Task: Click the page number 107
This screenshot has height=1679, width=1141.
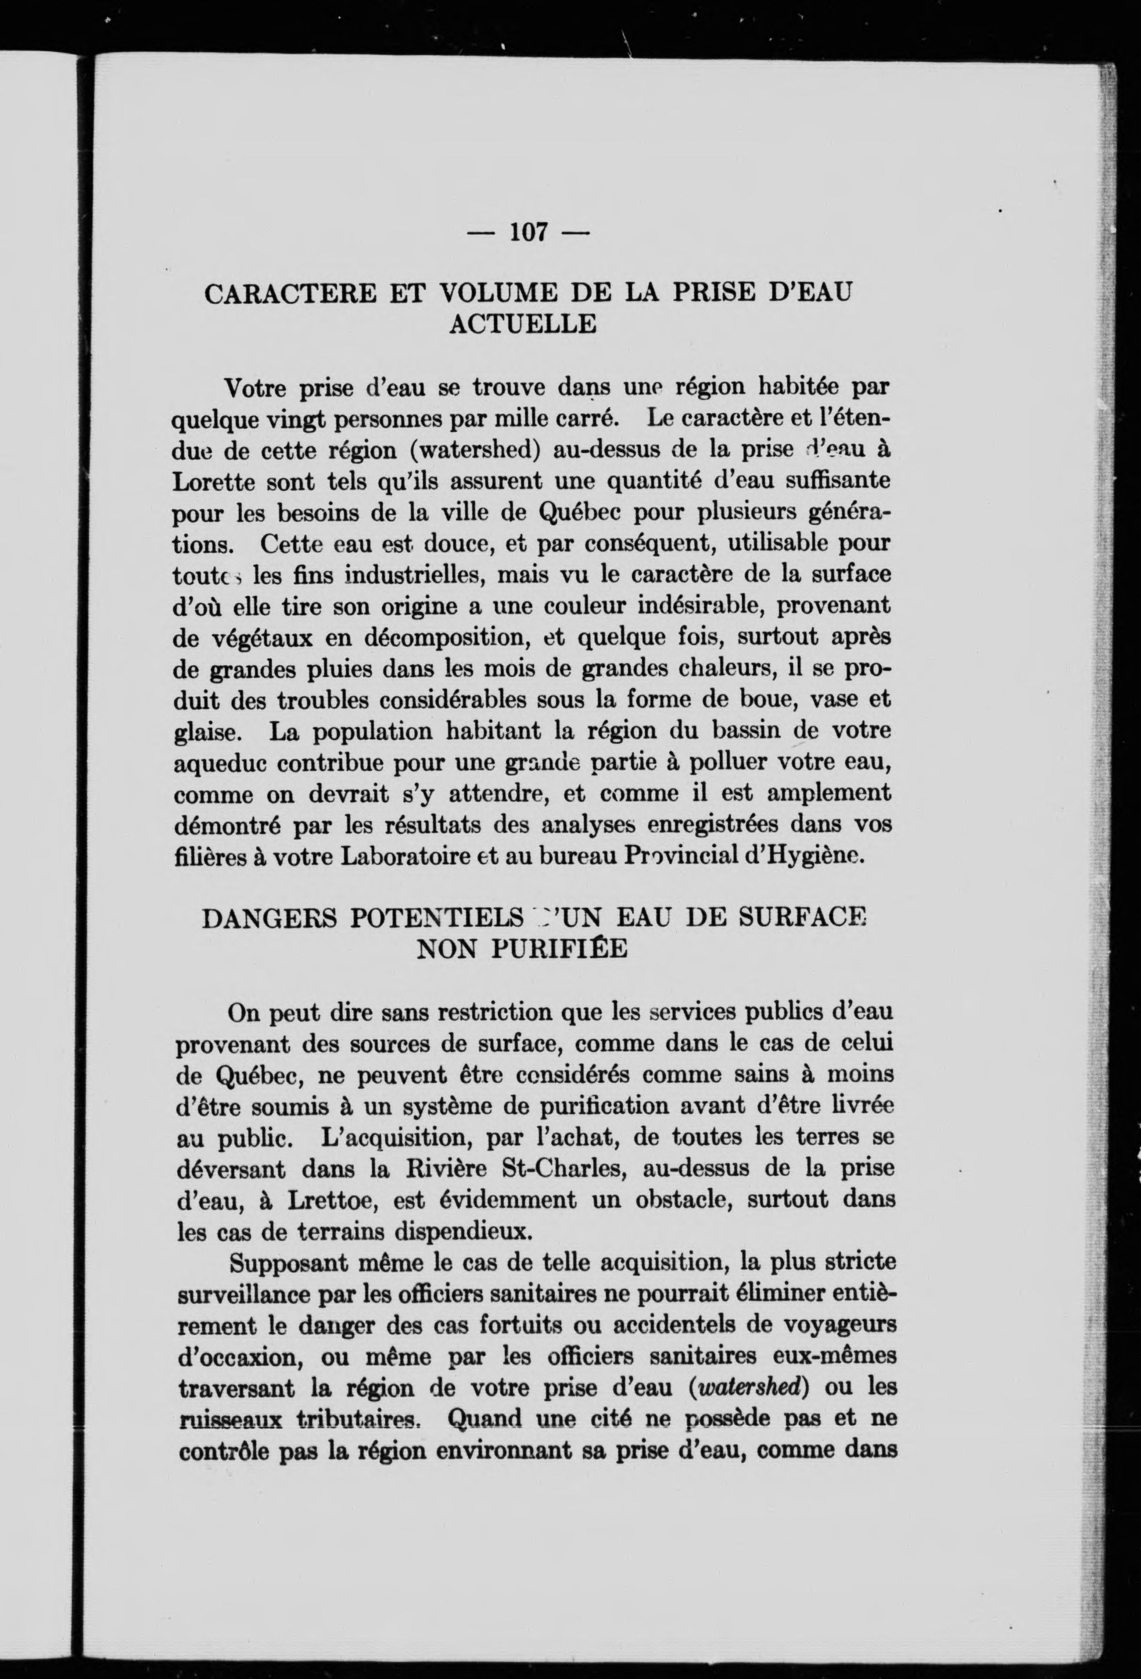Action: click(x=530, y=232)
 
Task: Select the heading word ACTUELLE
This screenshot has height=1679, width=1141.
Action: click(x=523, y=324)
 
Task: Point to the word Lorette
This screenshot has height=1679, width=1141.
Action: click(x=214, y=481)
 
